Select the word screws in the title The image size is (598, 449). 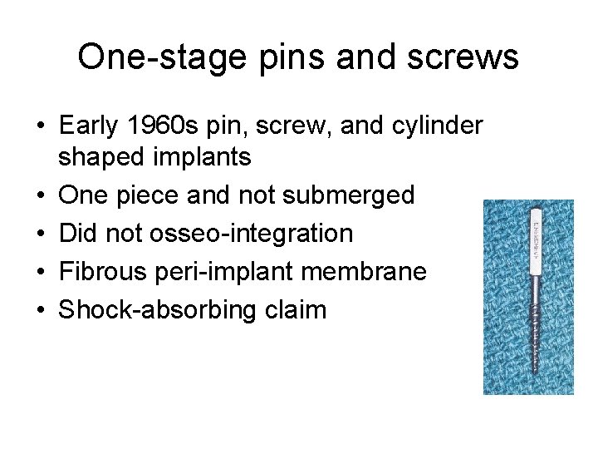(466, 57)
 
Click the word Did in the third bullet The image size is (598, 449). (77, 233)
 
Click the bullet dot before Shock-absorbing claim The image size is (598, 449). (41, 310)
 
